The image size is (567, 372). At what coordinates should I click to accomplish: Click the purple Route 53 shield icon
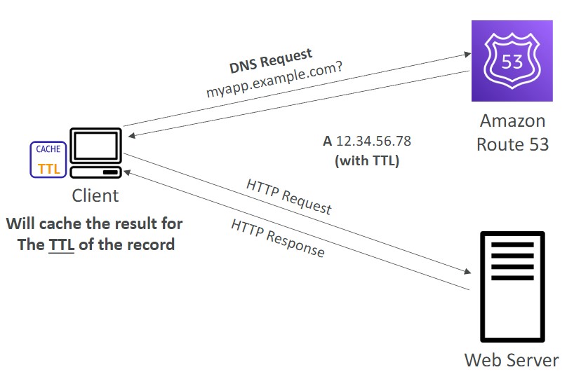point(512,60)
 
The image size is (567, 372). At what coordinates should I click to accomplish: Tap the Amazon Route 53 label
point(512,132)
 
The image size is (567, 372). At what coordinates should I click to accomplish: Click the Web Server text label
point(512,360)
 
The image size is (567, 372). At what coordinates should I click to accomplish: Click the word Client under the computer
point(95,195)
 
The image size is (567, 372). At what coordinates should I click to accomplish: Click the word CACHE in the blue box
point(48,149)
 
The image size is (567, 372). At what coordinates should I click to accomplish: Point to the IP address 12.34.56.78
point(373,141)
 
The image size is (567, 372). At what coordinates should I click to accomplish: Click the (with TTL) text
point(367,160)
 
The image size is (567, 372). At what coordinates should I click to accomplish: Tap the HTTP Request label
point(289,195)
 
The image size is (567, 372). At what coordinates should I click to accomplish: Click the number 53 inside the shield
point(512,62)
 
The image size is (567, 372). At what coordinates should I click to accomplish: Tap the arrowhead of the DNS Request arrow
point(465,53)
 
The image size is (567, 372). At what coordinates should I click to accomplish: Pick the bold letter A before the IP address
point(327,141)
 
